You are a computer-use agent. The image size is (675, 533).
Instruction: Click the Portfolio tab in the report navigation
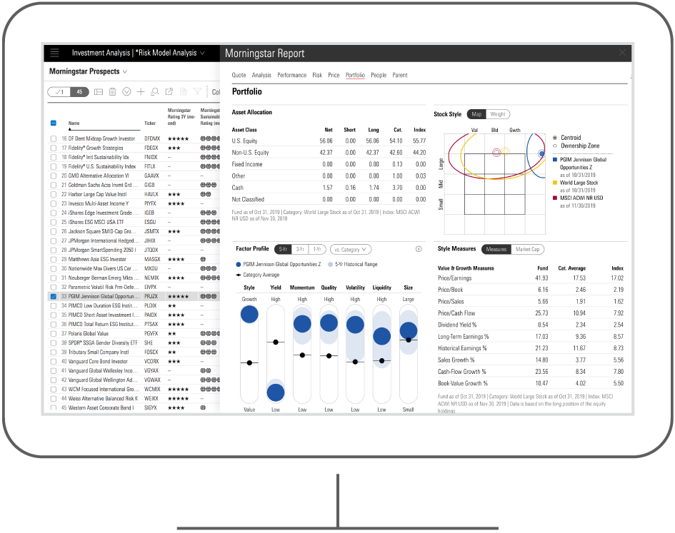[355, 75]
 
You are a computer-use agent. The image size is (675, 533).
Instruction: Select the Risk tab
[316, 75]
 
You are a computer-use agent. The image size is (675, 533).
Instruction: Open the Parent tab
[400, 75]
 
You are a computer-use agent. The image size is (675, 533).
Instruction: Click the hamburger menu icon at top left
[55, 53]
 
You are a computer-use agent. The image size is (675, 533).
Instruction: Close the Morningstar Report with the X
[622, 53]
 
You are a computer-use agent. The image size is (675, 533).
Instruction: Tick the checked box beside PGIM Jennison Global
[54, 296]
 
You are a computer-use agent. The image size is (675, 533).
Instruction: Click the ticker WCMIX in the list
[151, 390]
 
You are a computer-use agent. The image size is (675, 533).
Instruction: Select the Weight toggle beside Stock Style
[498, 114]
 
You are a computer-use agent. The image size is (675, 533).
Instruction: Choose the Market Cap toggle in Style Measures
[528, 250]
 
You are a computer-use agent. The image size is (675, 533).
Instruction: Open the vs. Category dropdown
[350, 250]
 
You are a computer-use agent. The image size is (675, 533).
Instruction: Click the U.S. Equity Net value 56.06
[326, 141]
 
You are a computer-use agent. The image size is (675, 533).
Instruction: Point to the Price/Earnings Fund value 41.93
[541, 278]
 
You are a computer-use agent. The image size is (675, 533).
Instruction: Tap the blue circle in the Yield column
[275, 392]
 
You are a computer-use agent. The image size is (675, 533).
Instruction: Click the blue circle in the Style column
[249, 314]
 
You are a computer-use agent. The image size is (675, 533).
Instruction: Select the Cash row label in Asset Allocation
[239, 188]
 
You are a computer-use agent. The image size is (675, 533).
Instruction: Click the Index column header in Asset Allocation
[419, 130]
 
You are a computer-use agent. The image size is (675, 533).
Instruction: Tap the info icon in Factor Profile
[419, 250]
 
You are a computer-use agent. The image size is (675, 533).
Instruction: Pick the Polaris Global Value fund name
[89, 333]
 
